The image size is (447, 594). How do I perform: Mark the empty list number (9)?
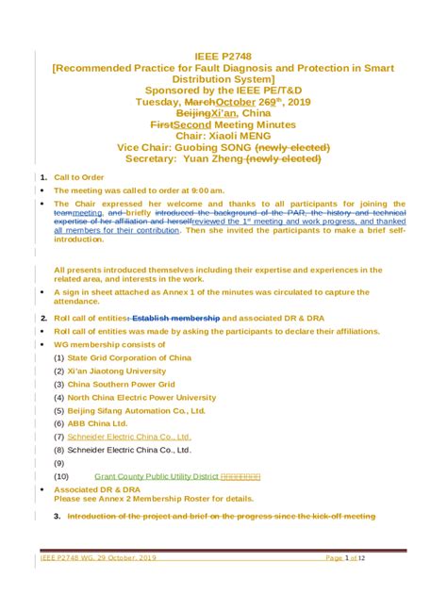pyautogui.click(x=59, y=463)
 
